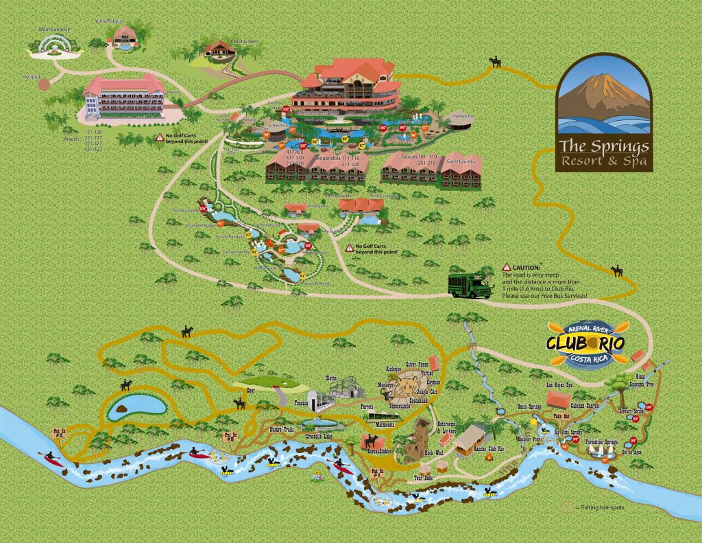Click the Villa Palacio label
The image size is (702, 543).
pyautogui.click(x=111, y=21)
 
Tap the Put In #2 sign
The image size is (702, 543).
pyautogui.click(x=230, y=437)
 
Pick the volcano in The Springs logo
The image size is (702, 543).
pyautogui.click(x=603, y=97)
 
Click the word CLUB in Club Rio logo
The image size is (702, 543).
pyautogui.click(x=568, y=342)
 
